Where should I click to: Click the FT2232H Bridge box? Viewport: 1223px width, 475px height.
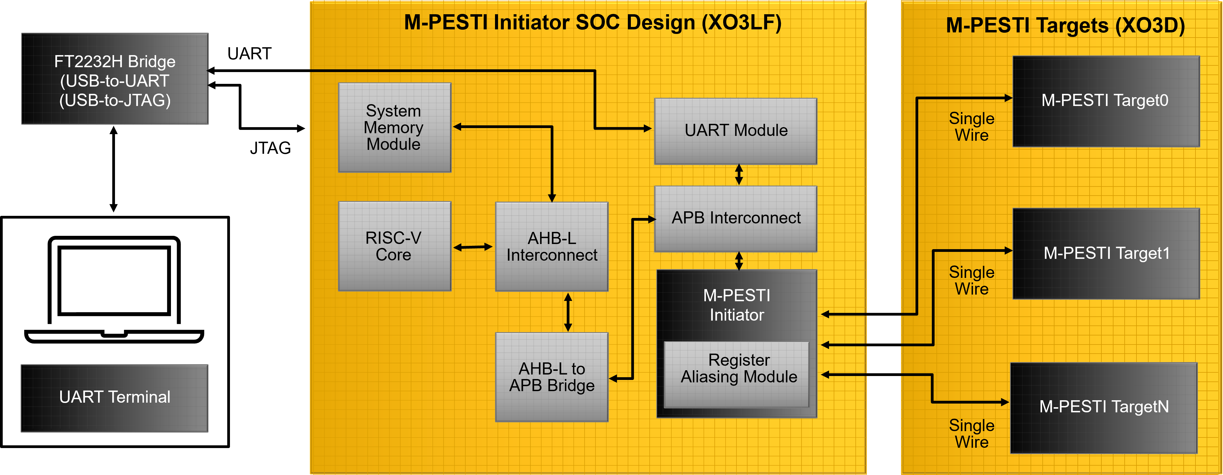click(115, 79)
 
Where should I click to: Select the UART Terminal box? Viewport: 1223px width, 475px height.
click(114, 398)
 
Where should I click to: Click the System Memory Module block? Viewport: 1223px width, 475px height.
click(395, 127)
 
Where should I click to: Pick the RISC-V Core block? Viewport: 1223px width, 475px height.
click(395, 246)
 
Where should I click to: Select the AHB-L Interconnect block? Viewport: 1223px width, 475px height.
click(552, 246)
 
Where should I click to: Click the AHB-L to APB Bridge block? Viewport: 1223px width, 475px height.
click(552, 377)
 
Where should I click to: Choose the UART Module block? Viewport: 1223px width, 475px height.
click(736, 131)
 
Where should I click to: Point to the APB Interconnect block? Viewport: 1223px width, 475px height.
click(736, 219)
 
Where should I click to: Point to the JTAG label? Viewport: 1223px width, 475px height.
click(271, 148)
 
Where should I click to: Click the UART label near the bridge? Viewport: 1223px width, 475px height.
click(249, 54)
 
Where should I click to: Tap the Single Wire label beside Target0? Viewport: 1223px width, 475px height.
click(971, 126)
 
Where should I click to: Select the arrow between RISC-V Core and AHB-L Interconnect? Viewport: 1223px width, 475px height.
click(473, 247)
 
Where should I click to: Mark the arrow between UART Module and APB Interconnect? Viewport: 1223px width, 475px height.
click(739, 175)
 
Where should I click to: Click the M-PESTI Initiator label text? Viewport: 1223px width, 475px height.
click(736, 305)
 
